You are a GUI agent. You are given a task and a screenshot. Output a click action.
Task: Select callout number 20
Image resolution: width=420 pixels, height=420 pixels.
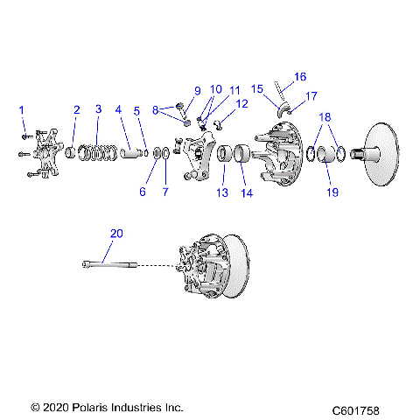pyautogui.click(x=116, y=234)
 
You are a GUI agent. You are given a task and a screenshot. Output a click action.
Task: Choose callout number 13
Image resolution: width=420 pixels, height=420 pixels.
pyautogui.click(x=221, y=192)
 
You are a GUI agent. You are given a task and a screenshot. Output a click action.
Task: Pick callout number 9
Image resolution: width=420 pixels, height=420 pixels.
pyautogui.click(x=197, y=91)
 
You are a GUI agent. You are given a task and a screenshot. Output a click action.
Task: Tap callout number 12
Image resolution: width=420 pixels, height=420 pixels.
pyautogui.click(x=242, y=103)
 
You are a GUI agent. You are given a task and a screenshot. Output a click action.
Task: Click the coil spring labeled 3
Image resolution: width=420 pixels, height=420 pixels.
pyautogui.click(x=98, y=151)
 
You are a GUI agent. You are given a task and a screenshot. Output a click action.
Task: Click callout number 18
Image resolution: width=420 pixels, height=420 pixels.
pyautogui.click(x=325, y=116)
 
